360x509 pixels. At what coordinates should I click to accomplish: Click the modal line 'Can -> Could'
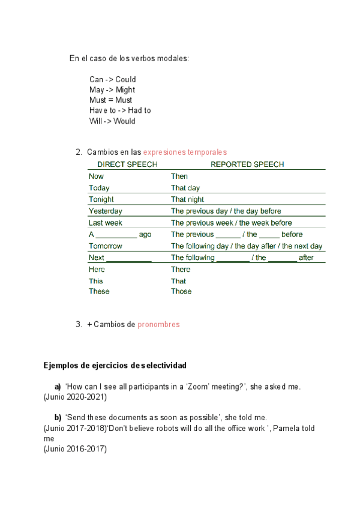pyautogui.click(x=113, y=79)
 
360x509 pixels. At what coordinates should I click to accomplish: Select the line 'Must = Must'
pyautogui.click(x=111, y=100)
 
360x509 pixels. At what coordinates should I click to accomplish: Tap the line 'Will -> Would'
pyautogui.click(x=112, y=121)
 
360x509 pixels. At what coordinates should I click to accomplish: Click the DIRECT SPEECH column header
pyautogui.click(x=127, y=164)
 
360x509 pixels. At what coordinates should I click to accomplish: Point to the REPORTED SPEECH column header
pyautogui.click(x=247, y=164)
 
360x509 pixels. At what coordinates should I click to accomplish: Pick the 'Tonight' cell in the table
pyautogui.click(x=101, y=199)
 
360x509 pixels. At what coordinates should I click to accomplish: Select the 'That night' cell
pyautogui.click(x=187, y=199)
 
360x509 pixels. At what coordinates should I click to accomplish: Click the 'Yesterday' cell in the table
pyautogui.click(x=105, y=211)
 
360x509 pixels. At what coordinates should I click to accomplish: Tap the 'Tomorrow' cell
pyautogui.click(x=106, y=246)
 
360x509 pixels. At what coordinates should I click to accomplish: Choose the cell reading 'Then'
pyautogui.click(x=179, y=176)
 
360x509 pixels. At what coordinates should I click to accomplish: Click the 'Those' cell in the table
pyautogui.click(x=181, y=292)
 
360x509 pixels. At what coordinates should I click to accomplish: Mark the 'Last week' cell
pyautogui.click(x=106, y=223)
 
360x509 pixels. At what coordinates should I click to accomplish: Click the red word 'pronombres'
pyautogui.click(x=158, y=325)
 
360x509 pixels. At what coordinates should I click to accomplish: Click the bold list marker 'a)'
pyautogui.click(x=58, y=387)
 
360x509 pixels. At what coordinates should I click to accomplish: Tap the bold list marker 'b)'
pyautogui.click(x=58, y=417)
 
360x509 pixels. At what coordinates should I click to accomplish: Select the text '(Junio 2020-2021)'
pyautogui.click(x=75, y=397)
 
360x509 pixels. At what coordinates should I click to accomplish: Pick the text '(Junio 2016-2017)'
pyautogui.click(x=75, y=448)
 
